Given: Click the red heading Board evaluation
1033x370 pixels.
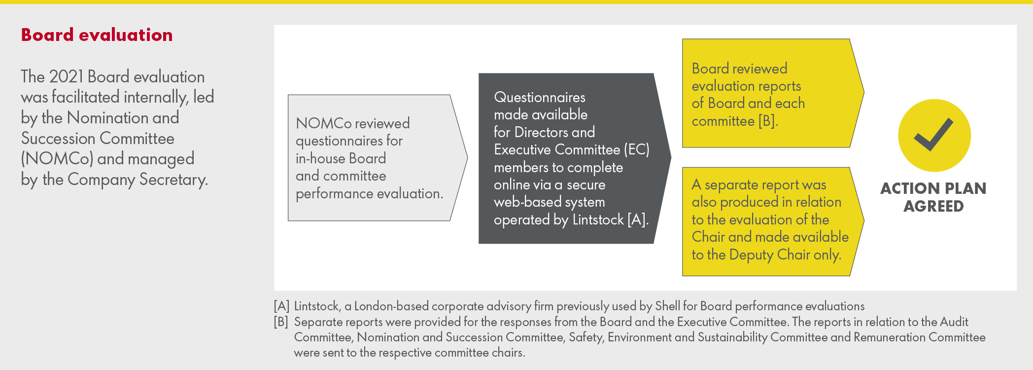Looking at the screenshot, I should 97,35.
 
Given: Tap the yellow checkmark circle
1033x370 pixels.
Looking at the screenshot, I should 934,135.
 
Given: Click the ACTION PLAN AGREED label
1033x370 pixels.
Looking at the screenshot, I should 933,197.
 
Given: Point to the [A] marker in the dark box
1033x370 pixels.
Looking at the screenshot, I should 637,220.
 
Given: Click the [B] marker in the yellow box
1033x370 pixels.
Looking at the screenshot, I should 767,121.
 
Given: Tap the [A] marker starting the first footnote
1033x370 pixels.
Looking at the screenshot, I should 281,306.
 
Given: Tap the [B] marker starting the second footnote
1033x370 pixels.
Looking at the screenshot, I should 281,322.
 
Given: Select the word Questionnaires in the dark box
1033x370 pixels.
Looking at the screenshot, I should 540,97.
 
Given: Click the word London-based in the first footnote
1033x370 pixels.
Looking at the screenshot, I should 391,306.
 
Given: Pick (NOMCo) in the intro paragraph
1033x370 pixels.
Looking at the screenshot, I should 57,159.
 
